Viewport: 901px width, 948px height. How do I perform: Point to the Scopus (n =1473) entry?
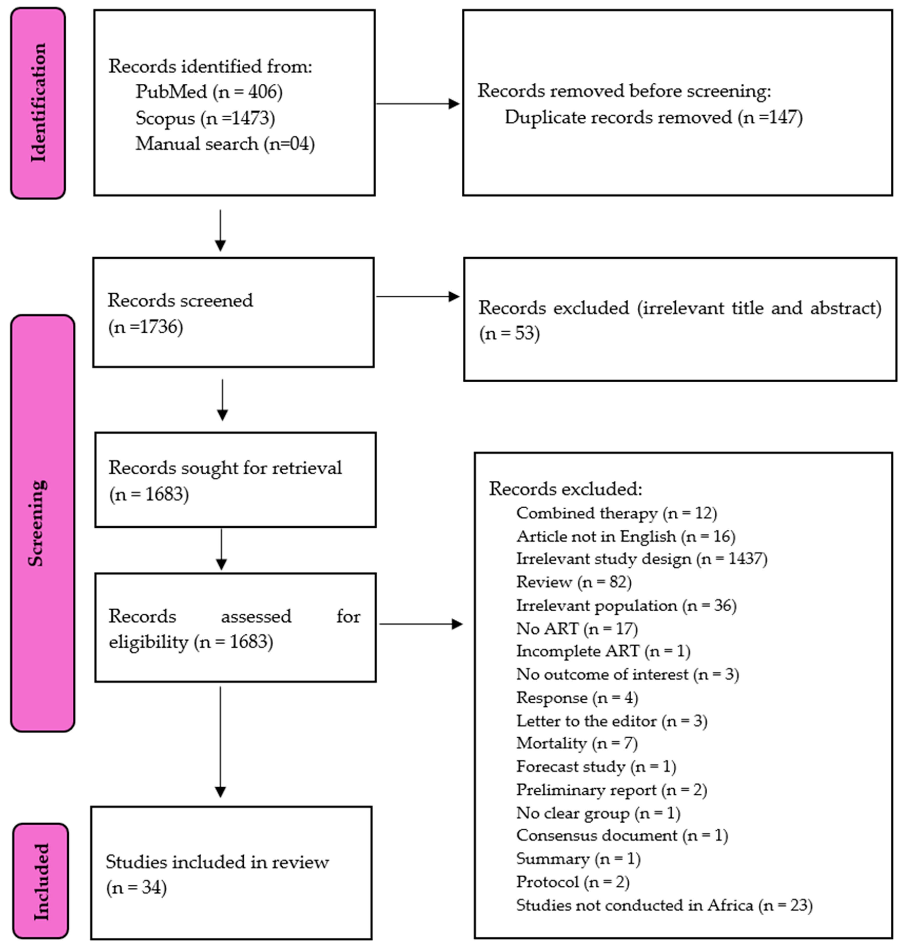(x=205, y=118)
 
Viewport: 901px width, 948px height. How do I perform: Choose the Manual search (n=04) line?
(x=225, y=144)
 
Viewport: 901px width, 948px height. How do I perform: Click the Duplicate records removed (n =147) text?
(x=653, y=117)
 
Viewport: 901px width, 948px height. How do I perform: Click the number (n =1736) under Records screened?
(x=145, y=327)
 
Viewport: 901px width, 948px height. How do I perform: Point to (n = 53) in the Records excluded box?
(x=509, y=333)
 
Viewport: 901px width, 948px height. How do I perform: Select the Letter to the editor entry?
(x=611, y=721)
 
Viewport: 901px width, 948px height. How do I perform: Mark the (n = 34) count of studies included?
(x=136, y=888)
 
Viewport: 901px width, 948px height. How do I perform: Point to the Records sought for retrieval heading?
(x=225, y=468)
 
